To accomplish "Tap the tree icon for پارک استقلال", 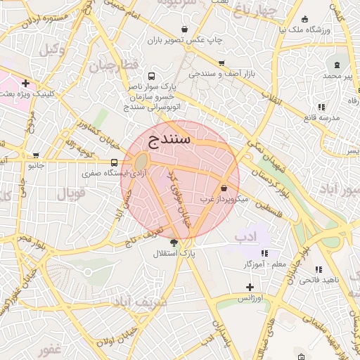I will tap(174, 243).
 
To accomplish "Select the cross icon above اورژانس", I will tap(250, 287).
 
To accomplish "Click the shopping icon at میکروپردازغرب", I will tap(224, 188).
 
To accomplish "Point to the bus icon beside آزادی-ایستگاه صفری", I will tap(115, 162).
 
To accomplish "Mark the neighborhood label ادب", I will tap(247, 233).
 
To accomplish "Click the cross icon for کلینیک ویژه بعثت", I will tap(26, 83).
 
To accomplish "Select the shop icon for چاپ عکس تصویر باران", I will tap(184, 30).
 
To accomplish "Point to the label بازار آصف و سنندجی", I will tap(224, 73).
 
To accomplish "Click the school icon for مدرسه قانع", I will tap(321, 107).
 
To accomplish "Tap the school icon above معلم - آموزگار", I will tap(264, 253).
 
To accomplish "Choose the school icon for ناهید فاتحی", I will tap(319, 269).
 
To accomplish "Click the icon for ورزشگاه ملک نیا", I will tap(304, 20).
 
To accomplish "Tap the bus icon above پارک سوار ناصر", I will tap(150, 76).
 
